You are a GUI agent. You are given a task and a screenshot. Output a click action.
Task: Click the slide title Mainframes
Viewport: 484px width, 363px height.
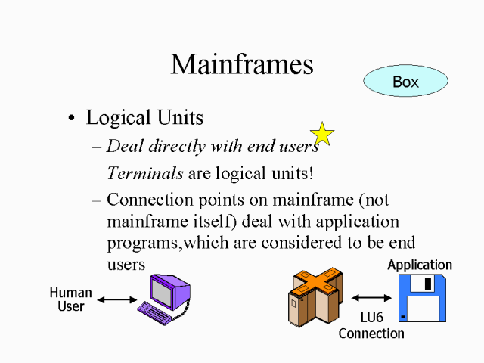pos(242,64)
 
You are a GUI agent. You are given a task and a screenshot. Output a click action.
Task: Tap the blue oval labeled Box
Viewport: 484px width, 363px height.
pos(405,82)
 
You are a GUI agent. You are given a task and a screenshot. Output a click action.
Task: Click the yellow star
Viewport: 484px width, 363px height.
pos(322,134)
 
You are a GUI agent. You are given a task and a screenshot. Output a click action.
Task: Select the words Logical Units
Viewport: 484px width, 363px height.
pos(144,118)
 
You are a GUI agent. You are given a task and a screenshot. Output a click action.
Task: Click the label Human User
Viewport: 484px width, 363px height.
pos(70,299)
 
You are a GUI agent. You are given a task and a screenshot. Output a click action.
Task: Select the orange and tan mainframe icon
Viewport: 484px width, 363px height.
pos(317,295)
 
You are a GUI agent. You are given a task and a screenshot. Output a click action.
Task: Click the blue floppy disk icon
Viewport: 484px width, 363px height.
pos(422,299)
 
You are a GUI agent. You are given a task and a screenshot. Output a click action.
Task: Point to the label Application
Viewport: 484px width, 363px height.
pos(420,265)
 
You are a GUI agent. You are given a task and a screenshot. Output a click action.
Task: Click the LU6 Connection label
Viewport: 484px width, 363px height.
pos(371,326)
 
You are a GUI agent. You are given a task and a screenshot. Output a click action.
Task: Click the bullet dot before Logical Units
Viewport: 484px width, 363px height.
pos(71,119)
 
